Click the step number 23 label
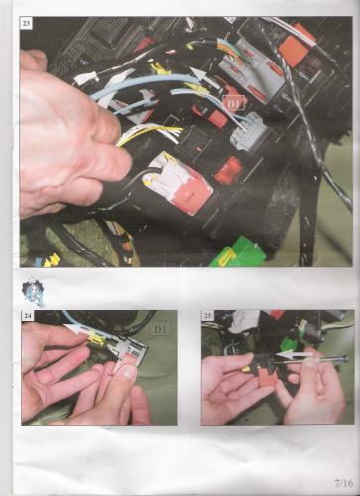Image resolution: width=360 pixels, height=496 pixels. coord(26,23)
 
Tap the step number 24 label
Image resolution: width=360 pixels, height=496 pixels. coord(28,316)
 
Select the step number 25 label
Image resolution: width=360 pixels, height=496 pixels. coord(208,316)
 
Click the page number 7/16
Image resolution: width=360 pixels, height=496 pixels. coord(344,483)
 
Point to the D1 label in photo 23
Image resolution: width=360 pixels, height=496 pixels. coord(235,103)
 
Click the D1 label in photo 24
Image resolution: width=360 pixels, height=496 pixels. coord(162,329)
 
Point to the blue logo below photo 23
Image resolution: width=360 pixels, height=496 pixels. coord(34,291)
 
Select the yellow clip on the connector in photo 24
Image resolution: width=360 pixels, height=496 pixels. coord(95,338)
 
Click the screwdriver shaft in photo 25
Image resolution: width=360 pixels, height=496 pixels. coord(324,359)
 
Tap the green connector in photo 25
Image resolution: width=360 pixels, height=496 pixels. coord(288,341)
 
